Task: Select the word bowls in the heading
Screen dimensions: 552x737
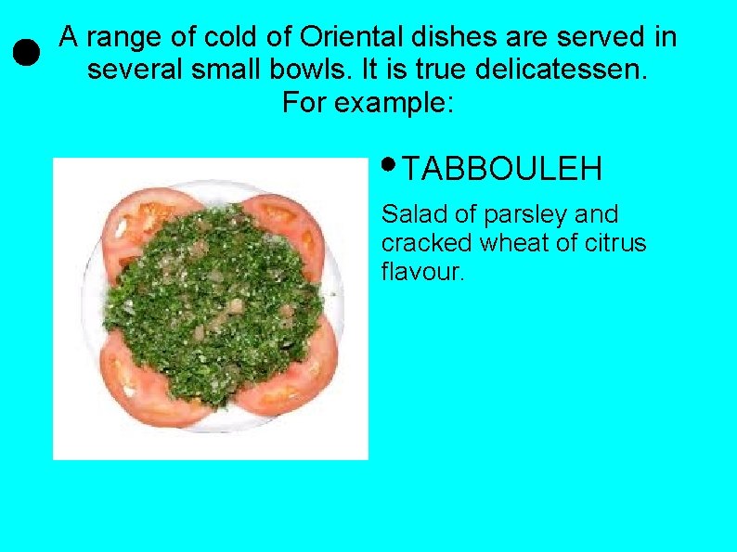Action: pyautogui.click(x=349, y=70)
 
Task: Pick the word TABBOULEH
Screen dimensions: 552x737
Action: pyautogui.click(x=503, y=169)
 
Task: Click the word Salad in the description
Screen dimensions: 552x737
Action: pyautogui.click(x=412, y=214)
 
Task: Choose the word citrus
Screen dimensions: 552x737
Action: pyautogui.click(x=614, y=243)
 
